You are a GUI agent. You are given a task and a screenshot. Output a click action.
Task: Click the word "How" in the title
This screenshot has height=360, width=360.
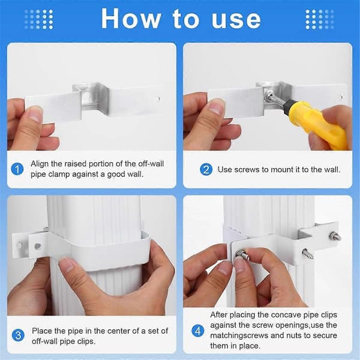click(x=131, y=19)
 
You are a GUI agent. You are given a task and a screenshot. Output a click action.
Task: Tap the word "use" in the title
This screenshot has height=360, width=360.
click(x=236, y=20)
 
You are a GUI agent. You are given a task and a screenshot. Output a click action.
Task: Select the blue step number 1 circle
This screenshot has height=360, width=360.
click(x=17, y=169)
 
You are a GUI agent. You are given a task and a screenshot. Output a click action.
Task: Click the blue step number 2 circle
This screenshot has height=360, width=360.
click(x=206, y=169)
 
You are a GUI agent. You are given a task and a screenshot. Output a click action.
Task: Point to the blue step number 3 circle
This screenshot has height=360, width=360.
click(x=18, y=335)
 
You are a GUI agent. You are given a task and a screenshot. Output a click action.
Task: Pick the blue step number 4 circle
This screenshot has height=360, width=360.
click(x=197, y=331)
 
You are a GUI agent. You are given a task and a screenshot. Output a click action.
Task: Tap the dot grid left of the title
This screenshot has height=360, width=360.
click(x=38, y=19)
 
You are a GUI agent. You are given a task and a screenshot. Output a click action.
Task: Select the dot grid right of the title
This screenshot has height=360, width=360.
click(x=320, y=19)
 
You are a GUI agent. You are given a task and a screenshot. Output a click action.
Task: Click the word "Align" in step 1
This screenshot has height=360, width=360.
click(x=40, y=164)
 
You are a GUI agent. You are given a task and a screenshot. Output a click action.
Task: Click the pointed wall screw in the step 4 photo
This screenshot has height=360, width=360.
click(x=307, y=254)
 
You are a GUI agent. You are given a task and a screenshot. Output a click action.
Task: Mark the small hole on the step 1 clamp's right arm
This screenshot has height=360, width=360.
click(x=159, y=99)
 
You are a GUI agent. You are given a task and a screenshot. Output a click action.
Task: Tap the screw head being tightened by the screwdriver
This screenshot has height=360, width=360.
click(x=269, y=96)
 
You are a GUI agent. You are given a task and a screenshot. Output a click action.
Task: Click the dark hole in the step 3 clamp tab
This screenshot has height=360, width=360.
click(x=37, y=247)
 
